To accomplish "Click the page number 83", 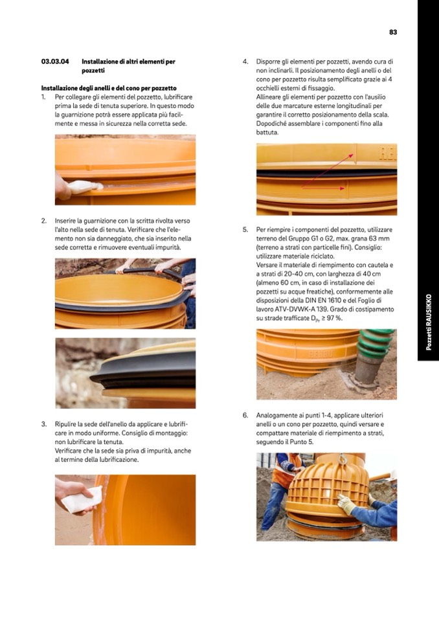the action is pos(392,32).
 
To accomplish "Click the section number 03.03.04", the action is pos(55,62).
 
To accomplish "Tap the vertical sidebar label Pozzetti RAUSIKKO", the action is pos(428,322).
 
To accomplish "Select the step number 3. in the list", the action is pos(44,424).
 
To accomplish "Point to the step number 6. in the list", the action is pos(245,416).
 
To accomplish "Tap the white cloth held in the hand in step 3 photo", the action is pos(82,500).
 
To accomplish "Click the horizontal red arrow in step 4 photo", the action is pos(323,188).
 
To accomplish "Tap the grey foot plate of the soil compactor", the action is pos(358,382).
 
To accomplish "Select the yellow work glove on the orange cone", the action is pos(347,504).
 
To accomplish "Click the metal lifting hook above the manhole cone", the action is pos(343,458).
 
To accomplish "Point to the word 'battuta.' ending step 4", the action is pos(267,132).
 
